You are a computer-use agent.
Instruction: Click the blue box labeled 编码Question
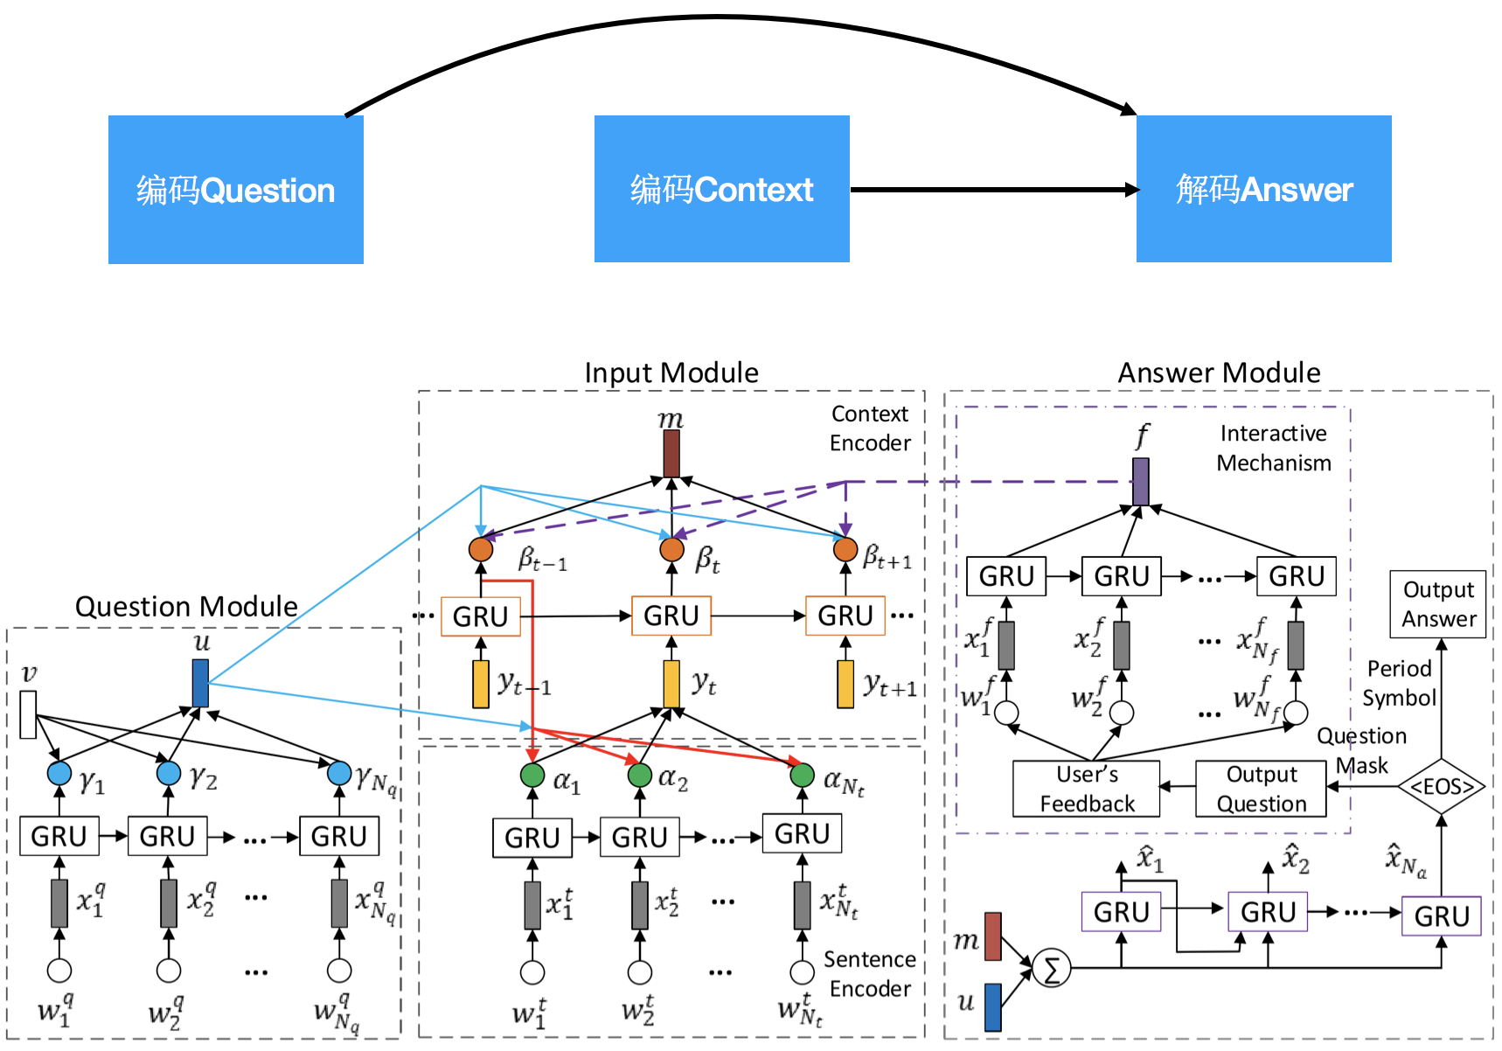(x=236, y=190)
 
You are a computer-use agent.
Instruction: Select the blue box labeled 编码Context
(x=722, y=189)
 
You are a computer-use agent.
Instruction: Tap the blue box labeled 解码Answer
(x=1264, y=189)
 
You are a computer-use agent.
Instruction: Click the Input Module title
(x=671, y=372)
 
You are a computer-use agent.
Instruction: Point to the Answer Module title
(x=1219, y=372)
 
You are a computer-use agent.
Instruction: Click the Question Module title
(x=186, y=606)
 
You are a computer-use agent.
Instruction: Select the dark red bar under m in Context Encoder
(x=671, y=453)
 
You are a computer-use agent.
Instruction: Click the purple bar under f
(x=1141, y=482)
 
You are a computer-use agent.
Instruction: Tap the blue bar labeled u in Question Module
(x=200, y=683)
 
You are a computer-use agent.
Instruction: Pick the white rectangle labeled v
(x=29, y=714)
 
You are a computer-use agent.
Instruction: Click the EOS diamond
(x=1442, y=786)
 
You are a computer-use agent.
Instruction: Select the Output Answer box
(x=1438, y=604)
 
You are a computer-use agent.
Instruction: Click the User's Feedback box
(x=1087, y=789)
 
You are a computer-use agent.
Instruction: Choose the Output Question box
(x=1261, y=789)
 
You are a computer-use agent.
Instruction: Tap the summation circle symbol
(x=1052, y=969)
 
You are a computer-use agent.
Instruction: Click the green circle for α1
(x=532, y=775)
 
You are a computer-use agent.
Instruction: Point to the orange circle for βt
(x=671, y=550)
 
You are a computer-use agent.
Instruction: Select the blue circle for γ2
(x=169, y=773)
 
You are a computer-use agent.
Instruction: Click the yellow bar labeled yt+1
(x=845, y=684)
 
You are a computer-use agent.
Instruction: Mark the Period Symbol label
(x=1399, y=683)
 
